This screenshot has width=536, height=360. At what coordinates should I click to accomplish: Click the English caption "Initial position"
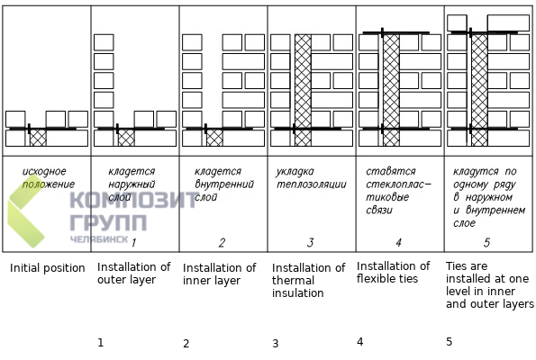pyautogui.click(x=47, y=268)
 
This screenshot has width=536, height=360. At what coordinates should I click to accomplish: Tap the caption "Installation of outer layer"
pyautogui.click(x=133, y=273)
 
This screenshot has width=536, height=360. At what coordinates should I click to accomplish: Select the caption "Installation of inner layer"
pyautogui.click(x=219, y=274)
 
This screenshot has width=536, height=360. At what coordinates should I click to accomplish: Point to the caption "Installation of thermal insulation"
pyautogui.click(x=308, y=280)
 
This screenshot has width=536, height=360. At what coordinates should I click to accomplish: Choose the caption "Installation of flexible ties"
pyautogui.click(x=393, y=272)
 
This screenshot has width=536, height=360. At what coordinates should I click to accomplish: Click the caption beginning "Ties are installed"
pyautogui.click(x=489, y=285)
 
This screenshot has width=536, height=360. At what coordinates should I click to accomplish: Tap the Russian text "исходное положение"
pyautogui.click(x=49, y=177)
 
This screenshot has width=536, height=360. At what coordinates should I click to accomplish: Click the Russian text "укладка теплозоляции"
pyautogui.click(x=312, y=177)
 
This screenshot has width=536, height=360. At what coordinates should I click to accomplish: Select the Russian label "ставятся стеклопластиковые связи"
pyautogui.click(x=398, y=191)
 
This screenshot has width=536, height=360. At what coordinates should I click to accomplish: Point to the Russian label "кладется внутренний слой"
pyautogui.click(x=224, y=184)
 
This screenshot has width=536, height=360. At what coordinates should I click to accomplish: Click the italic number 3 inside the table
pyautogui.click(x=310, y=242)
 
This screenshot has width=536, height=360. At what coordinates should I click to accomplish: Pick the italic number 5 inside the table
pyautogui.click(x=486, y=242)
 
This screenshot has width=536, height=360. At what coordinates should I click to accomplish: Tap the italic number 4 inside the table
pyautogui.click(x=398, y=242)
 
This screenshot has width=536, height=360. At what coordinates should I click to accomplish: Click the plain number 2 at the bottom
pyautogui.click(x=186, y=343)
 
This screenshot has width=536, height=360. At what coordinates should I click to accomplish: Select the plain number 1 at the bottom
pyautogui.click(x=100, y=342)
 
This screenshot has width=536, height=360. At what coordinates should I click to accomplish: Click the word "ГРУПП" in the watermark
pyautogui.click(x=108, y=222)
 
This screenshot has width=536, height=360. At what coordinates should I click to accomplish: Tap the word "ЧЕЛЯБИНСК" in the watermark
pyautogui.click(x=99, y=238)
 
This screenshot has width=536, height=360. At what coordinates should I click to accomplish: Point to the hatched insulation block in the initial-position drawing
pyautogui.click(x=38, y=138)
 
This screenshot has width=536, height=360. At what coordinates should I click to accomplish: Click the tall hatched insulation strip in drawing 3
pyautogui.click(x=303, y=90)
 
